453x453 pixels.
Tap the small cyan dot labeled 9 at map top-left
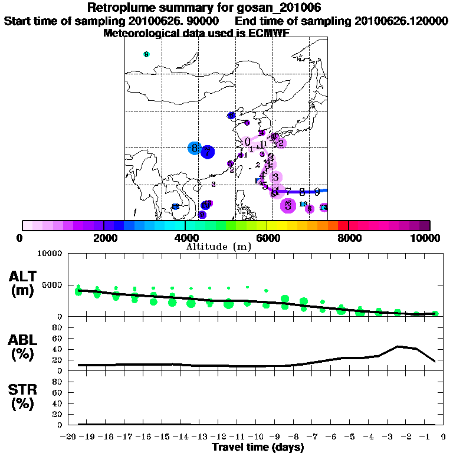click(146, 54)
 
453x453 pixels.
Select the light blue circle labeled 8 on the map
click(194, 148)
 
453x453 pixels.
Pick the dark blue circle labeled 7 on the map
click(207, 152)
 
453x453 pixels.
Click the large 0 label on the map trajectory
click(248, 142)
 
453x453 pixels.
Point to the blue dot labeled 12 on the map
click(175, 206)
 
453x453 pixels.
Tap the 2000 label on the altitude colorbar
click(104, 238)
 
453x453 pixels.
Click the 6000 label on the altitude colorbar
click(267, 238)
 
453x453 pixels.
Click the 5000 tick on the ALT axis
click(54, 285)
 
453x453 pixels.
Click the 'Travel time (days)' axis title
click(258, 447)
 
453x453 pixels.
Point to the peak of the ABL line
click(399, 346)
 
